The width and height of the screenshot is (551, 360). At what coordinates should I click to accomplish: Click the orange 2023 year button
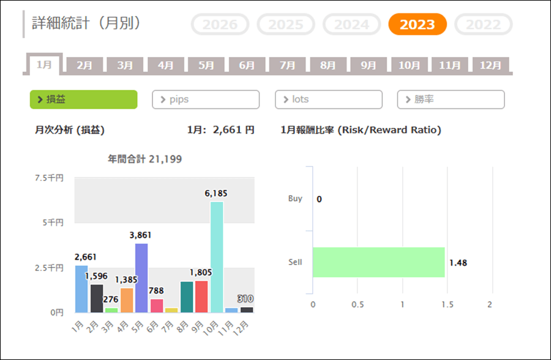click(418, 24)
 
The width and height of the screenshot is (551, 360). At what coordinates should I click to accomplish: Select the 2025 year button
click(286, 24)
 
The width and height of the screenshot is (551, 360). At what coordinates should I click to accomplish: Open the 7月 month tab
click(287, 65)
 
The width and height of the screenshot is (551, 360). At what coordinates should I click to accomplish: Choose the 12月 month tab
click(490, 65)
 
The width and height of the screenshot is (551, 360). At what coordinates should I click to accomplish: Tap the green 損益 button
click(83, 99)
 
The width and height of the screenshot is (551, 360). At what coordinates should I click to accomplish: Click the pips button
click(206, 99)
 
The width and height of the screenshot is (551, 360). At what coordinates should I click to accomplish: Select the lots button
click(328, 99)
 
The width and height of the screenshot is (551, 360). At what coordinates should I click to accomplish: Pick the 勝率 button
click(451, 99)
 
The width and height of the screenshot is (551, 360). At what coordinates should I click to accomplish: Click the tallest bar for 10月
click(217, 257)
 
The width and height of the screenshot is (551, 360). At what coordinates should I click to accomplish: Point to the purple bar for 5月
click(141, 278)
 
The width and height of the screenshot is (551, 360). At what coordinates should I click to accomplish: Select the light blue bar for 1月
click(81, 288)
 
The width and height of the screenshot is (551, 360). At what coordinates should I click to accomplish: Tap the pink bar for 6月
click(157, 306)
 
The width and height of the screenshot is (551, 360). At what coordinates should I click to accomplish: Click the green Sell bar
click(378, 262)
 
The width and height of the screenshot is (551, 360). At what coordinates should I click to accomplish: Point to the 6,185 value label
click(216, 193)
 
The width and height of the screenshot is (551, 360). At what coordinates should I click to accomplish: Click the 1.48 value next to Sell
click(458, 263)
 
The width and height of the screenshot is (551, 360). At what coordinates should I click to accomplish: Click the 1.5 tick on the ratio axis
click(447, 304)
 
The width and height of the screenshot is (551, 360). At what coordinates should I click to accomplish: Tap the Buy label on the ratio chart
click(295, 198)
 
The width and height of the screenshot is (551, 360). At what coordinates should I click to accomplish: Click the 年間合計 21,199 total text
click(144, 159)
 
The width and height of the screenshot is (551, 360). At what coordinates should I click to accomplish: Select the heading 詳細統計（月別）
click(86, 23)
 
